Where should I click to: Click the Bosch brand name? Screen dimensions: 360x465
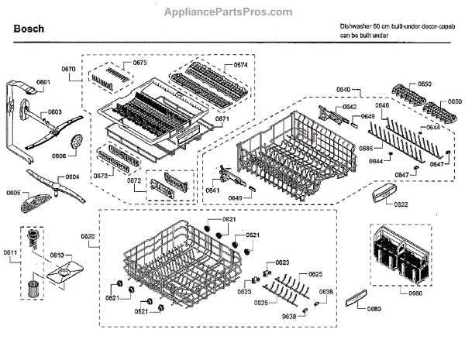click(x=29, y=29)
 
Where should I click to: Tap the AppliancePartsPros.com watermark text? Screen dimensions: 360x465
click(x=232, y=12)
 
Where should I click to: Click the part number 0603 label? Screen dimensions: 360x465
click(x=54, y=112)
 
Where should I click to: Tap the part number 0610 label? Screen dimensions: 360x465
click(x=57, y=254)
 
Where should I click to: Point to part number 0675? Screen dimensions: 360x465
click(x=139, y=62)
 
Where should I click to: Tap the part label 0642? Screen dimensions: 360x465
click(x=350, y=107)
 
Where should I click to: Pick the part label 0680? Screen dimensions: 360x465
click(x=374, y=310)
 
